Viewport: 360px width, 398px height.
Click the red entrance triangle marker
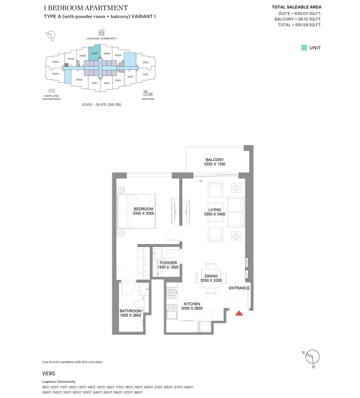click(239, 314)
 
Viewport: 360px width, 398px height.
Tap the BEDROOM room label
click(143, 209)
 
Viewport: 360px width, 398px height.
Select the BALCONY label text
click(214, 160)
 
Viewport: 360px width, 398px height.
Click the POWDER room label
click(168, 263)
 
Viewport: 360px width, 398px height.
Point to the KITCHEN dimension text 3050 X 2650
click(191, 309)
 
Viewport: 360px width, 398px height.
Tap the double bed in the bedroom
click(136, 211)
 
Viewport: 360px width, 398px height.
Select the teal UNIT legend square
click(304, 48)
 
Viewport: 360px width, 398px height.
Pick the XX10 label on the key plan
click(146, 62)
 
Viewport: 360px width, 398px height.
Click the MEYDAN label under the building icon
click(148, 99)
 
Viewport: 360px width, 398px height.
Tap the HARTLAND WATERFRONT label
click(52, 98)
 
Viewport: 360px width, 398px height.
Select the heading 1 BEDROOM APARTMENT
click(86, 8)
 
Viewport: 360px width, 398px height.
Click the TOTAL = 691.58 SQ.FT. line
click(299, 25)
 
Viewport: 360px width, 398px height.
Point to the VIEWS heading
click(49, 374)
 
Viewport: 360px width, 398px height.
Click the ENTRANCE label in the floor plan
click(239, 288)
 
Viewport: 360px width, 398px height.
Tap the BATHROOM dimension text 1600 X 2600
click(130, 315)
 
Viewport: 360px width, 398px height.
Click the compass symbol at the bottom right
click(312, 356)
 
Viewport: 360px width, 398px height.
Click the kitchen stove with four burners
click(171, 292)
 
